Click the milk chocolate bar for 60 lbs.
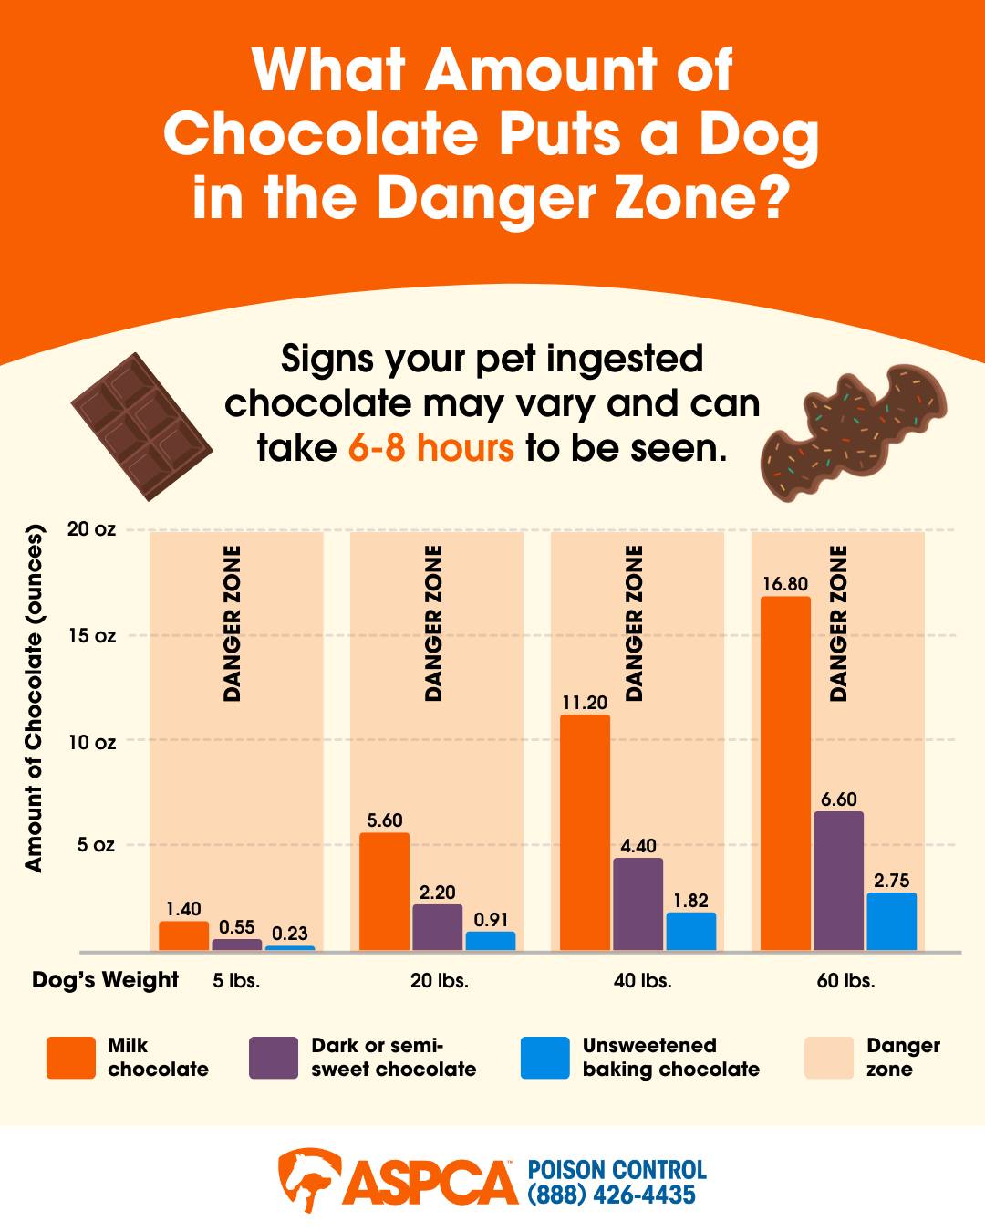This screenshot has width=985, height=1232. click(785, 774)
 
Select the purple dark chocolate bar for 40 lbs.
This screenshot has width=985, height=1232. click(638, 904)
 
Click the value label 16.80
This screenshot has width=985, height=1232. click(785, 584)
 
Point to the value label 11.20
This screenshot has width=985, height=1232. click(585, 703)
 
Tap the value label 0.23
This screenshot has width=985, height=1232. click(290, 934)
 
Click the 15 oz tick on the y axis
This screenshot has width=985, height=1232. click(92, 635)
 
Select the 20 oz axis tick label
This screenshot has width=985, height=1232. click(91, 529)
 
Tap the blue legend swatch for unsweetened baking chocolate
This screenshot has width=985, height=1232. click(544, 1058)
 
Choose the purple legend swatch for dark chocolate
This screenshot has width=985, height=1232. click(274, 1058)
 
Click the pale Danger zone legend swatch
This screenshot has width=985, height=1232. click(829, 1058)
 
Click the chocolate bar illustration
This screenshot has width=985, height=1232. click(142, 427)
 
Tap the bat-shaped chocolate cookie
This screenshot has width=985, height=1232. click(853, 432)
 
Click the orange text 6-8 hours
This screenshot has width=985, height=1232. click(431, 448)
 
